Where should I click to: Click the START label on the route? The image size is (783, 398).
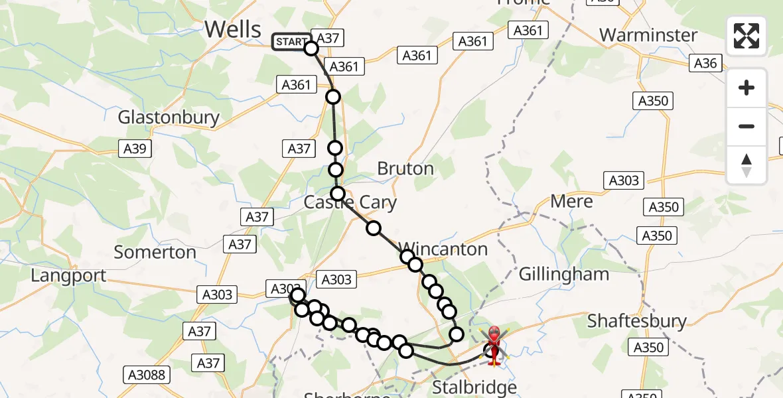click(290, 42)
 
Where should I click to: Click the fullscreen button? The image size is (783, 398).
click(747, 36)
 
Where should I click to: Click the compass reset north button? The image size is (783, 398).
click(747, 165)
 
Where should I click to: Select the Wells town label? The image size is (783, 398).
click(233, 29)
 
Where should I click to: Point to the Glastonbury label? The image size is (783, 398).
click(169, 118)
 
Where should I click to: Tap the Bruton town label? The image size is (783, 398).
click(405, 168)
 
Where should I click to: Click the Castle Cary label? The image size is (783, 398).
click(350, 202)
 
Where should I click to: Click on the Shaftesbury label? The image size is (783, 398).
click(637, 321)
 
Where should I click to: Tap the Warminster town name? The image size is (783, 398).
click(648, 34)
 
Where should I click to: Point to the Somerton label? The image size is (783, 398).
click(155, 252)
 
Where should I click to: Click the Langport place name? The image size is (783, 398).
click(68, 275)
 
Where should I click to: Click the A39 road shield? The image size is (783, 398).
click(135, 149)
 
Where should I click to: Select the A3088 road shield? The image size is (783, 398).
click(147, 375)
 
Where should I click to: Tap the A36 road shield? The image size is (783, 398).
click(705, 63)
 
